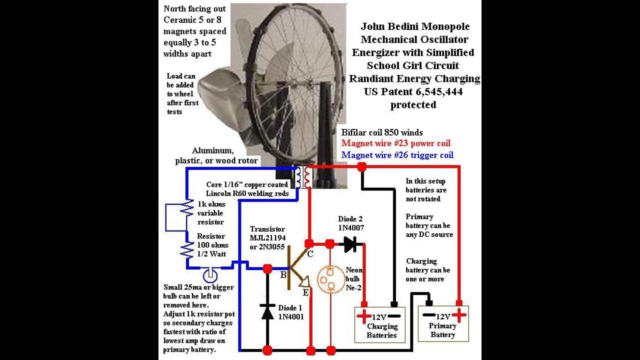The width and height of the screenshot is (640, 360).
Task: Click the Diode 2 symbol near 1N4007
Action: tap(350, 244)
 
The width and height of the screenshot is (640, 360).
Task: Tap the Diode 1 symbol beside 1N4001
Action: tap(267, 312)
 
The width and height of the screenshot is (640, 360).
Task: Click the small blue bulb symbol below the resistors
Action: tap(210, 275)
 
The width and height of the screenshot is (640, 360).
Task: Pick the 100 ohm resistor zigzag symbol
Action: tap(187, 250)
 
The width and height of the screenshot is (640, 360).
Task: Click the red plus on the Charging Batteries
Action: tap(364, 316)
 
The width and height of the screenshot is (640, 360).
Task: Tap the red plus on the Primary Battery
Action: tap(459, 315)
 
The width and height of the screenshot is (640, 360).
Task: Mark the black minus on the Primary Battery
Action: tap(429, 315)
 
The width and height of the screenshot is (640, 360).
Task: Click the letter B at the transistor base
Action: tap(283, 275)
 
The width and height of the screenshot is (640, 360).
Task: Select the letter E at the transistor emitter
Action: tap(305, 292)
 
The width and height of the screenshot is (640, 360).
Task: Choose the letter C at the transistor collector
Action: tap(310, 253)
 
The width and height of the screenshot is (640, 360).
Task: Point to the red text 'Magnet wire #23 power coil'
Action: tap(395, 143)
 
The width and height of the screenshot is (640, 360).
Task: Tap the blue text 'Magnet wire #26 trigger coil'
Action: tap(397, 155)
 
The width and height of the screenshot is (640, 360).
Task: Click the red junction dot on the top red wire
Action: tap(361, 166)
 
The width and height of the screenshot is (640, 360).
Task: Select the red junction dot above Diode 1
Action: tap(267, 268)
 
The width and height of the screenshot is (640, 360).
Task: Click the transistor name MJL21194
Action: tap(267, 237)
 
